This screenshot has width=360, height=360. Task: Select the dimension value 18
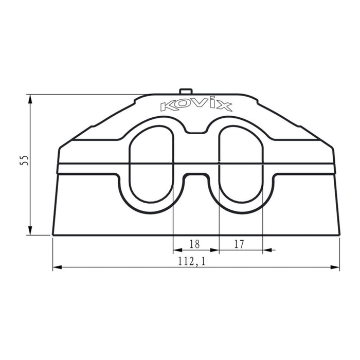pyautogui.click(x=195, y=244)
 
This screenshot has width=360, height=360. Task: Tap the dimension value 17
pyautogui.click(x=239, y=244)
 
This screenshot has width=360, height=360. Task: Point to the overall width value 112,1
pyautogui.click(x=192, y=261)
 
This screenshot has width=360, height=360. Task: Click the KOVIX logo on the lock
pyautogui.click(x=196, y=106)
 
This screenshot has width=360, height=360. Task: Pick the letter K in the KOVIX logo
pyautogui.click(x=168, y=106)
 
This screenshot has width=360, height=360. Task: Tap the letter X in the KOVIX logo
pyautogui.click(x=224, y=106)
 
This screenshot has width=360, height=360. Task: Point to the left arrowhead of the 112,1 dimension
pyautogui.click(x=57, y=268)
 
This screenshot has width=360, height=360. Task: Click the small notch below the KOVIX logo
pyautogui.click(x=195, y=132)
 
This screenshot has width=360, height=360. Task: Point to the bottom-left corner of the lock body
pyautogui.click(x=53, y=235)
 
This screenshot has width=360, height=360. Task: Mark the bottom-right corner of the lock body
pyautogui.click(x=339, y=235)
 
